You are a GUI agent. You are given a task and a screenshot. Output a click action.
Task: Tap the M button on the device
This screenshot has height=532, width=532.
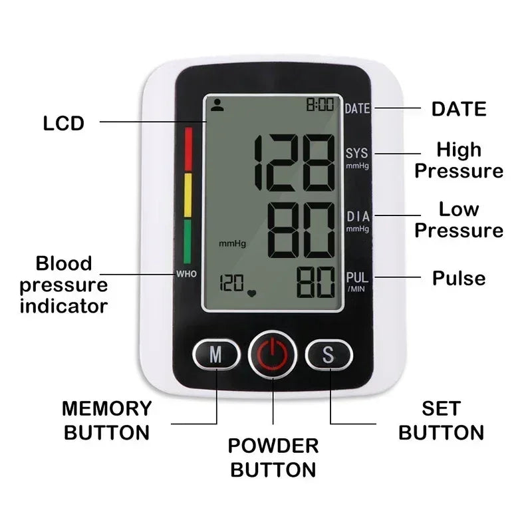click(x=216, y=355)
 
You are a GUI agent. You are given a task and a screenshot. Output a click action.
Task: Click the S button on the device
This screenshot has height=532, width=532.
click(x=329, y=355)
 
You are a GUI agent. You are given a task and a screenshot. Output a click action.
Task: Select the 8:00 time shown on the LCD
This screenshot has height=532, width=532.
click(x=321, y=105)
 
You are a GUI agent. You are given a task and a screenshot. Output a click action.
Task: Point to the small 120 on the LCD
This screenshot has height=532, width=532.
click(x=231, y=284)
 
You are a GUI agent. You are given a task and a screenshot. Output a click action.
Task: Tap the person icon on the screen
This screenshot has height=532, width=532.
click(x=216, y=104)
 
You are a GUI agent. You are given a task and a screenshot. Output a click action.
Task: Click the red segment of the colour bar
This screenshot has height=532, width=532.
click(x=188, y=149)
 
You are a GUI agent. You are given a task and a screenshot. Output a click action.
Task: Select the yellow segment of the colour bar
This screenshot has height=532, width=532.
click(x=188, y=196)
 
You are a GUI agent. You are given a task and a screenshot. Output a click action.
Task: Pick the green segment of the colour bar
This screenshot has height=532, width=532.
click(x=188, y=241)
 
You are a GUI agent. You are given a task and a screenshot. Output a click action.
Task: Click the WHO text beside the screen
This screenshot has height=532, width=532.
click(x=186, y=274)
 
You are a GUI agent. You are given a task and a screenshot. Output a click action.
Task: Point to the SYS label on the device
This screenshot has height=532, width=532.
click(x=357, y=154)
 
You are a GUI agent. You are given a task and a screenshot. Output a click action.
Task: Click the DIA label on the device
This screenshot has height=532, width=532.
click(x=357, y=217)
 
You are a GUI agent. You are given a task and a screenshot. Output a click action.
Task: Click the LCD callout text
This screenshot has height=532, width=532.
click(x=64, y=123)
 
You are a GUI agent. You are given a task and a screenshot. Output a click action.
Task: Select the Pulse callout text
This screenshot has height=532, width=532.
click(x=459, y=278)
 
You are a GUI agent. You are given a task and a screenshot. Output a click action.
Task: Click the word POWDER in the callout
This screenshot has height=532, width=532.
click(x=273, y=446)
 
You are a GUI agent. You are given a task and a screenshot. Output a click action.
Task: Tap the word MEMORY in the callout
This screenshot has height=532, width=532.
click(x=107, y=408)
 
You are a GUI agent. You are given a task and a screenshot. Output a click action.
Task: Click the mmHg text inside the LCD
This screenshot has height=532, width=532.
click(x=232, y=244)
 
